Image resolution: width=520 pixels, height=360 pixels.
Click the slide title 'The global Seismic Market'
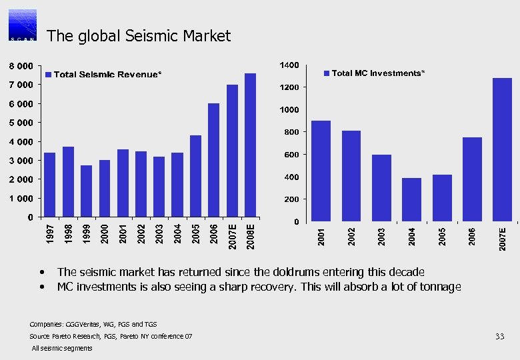pyautogui.click(x=139, y=36)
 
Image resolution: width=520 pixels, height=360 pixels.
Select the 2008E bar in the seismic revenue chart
pyautogui.click(x=250, y=145)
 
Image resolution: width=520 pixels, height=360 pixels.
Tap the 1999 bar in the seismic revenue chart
pyautogui.click(x=86, y=191)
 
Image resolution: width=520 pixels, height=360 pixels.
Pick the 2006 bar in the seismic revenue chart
pyautogui.click(x=213, y=160)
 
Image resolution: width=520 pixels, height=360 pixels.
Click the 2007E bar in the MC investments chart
pyautogui.click(x=502, y=149)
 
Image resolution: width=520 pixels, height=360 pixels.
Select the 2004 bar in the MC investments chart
pyautogui.click(x=411, y=199)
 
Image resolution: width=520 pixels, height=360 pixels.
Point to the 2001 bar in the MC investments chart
pyautogui.click(x=321, y=171)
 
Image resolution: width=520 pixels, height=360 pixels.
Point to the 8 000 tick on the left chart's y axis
pyautogui.click(x=20, y=67)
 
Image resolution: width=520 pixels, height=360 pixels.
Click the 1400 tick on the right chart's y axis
pyautogui.click(x=289, y=65)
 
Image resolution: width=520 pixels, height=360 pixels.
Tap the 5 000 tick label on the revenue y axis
pyautogui.click(x=20, y=123)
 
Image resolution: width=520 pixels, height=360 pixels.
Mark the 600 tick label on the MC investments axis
pyautogui.click(x=291, y=155)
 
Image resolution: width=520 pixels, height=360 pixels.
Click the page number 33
pyautogui.click(x=499, y=336)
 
